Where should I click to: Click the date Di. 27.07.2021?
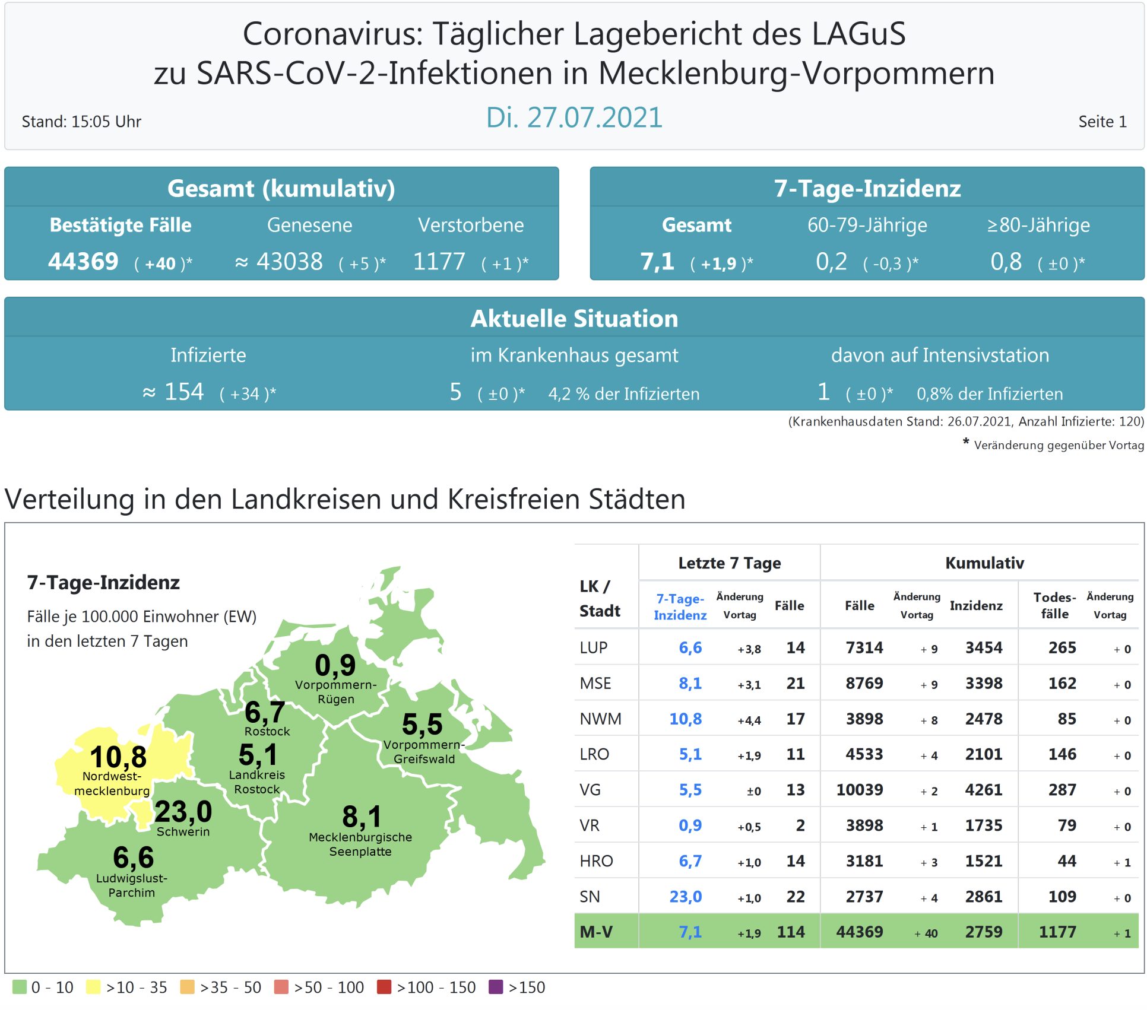click(x=573, y=117)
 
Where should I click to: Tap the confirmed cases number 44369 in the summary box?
click(x=84, y=262)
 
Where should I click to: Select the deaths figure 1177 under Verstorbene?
click(x=439, y=262)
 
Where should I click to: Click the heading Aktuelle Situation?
click(x=573, y=319)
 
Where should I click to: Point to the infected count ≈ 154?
click(x=173, y=392)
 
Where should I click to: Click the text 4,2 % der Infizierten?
click(x=623, y=394)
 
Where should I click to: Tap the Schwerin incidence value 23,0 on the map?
click(x=183, y=811)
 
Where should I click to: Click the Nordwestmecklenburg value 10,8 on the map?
click(x=118, y=757)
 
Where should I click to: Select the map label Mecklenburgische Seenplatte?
click(x=360, y=844)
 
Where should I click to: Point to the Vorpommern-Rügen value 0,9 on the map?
click(x=335, y=665)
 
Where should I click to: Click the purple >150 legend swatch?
click(x=496, y=987)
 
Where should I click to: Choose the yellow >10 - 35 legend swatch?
click(x=93, y=987)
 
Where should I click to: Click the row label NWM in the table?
click(x=600, y=719)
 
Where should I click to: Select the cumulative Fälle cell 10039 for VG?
click(x=859, y=790)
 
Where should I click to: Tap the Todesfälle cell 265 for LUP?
click(x=1062, y=648)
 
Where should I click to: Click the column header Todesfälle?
click(x=1054, y=606)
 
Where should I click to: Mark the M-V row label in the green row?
click(x=596, y=932)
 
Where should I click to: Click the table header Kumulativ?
click(x=984, y=563)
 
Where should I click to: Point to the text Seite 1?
click(x=1102, y=122)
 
